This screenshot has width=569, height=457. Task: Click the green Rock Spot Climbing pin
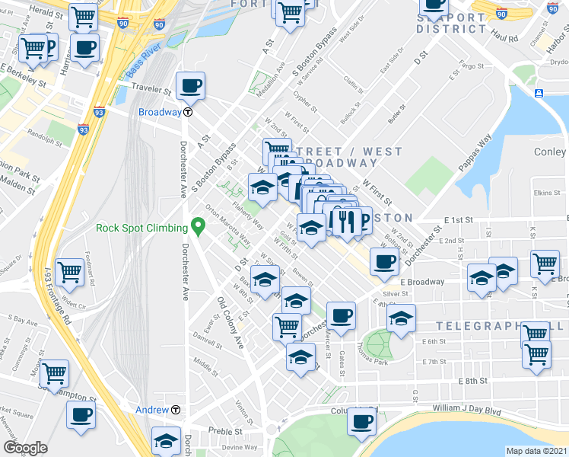[199, 226]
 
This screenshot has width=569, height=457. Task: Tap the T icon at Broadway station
[187, 111]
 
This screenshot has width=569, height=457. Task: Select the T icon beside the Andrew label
[176, 410]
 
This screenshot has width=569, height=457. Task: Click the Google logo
[25, 447]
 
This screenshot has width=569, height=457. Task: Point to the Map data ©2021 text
[536, 450]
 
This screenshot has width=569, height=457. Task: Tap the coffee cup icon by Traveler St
[190, 85]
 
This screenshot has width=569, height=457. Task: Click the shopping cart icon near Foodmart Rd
[69, 270]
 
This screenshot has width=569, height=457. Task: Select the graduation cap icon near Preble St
[165, 441]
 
